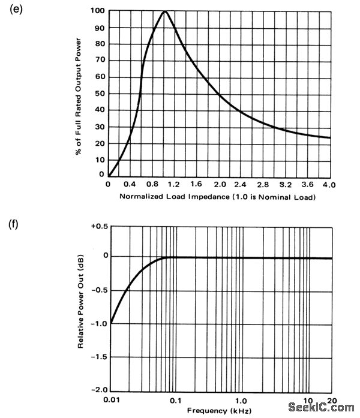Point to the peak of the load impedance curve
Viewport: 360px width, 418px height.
tap(164, 11)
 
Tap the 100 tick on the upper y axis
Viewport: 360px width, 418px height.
tap(97, 11)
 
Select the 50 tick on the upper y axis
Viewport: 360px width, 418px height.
tap(99, 93)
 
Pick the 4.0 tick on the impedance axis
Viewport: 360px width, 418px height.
tap(328, 185)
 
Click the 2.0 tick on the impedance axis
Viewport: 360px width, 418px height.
tap(220, 185)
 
